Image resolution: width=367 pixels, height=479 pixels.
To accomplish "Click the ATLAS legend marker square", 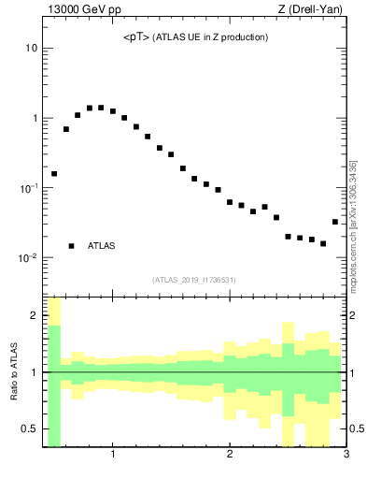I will (71, 246).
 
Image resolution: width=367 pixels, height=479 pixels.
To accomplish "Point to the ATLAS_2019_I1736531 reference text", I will (193, 280).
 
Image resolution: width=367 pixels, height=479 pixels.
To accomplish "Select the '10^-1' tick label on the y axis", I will (28, 188).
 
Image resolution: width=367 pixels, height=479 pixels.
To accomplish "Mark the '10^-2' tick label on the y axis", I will (28, 258).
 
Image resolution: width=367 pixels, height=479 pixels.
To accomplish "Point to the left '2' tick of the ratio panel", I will (34, 316).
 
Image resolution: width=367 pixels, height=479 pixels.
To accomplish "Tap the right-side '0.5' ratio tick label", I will (357, 428).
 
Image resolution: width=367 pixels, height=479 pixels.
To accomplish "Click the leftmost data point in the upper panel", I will (54, 174).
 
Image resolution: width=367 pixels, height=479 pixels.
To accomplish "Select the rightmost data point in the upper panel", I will (335, 222).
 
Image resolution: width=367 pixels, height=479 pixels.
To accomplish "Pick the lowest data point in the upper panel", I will (323, 243).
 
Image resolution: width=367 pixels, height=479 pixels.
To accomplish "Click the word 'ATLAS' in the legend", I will (102, 246).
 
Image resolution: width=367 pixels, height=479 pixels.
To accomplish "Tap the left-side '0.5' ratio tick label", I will (30, 428).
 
